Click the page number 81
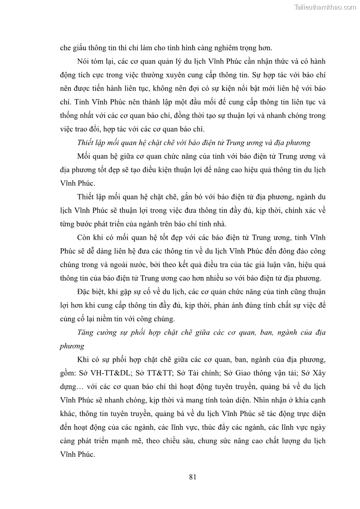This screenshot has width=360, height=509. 192,476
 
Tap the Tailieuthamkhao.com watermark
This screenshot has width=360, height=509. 325,7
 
